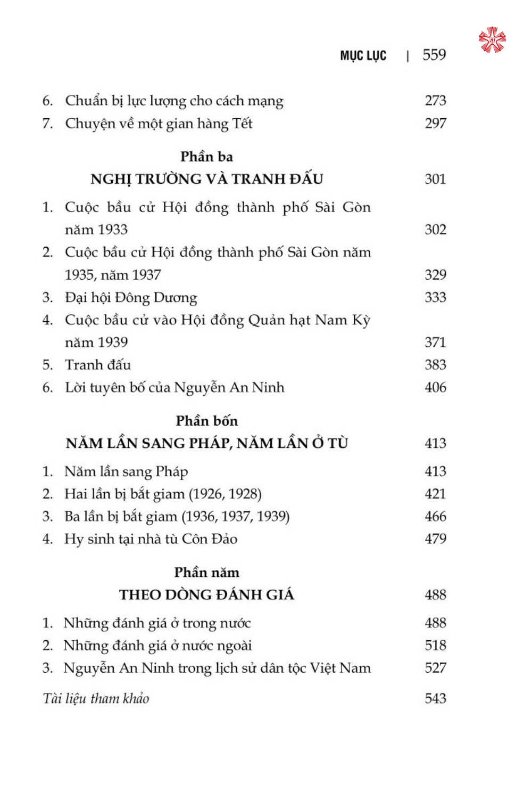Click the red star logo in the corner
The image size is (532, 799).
point(492,40)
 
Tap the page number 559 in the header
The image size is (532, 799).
point(434,55)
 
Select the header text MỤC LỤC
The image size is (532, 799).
point(363,56)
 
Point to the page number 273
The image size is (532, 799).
point(435,101)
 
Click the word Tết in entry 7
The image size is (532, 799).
point(242,124)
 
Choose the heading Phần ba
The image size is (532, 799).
point(206,157)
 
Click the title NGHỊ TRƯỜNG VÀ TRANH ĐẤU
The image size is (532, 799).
point(206,179)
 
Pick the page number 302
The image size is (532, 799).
point(435,230)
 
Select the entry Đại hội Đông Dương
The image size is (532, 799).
point(131,297)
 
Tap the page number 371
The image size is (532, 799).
point(435,342)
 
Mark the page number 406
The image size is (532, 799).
point(435,387)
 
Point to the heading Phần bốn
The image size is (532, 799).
point(206,421)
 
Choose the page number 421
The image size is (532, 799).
point(435,494)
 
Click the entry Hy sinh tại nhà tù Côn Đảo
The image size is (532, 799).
point(151,539)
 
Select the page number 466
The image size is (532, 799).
point(435,516)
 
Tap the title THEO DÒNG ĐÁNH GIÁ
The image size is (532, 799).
point(206,594)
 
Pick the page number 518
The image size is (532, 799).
point(435,646)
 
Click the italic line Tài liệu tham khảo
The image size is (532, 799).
point(96,698)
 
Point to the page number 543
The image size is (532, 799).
point(435,698)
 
